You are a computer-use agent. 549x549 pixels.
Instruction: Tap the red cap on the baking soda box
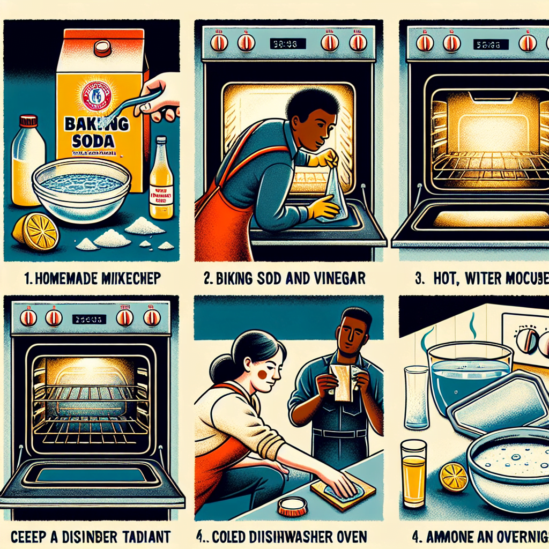pyautogui.click(x=102, y=48)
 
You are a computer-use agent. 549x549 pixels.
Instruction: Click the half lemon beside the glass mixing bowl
pyautogui.click(x=36, y=231)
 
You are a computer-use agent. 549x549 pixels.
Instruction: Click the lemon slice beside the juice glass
pyautogui.click(x=453, y=476)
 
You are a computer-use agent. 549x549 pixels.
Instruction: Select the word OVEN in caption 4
pyautogui.click(x=348, y=536)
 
